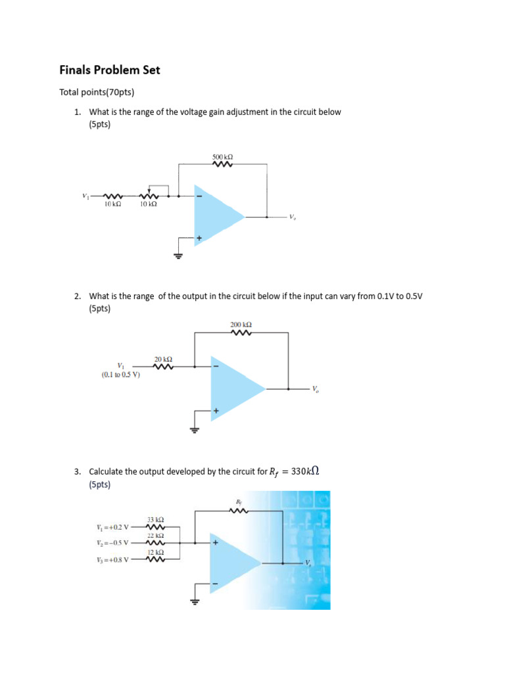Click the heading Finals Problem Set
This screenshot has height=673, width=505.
[110, 70]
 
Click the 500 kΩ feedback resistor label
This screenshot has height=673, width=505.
[222, 157]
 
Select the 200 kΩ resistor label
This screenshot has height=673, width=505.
[241, 325]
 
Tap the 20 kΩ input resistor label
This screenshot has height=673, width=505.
[163, 359]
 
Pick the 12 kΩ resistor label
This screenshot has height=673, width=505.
[155, 553]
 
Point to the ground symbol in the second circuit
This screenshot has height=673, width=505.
[194, 429]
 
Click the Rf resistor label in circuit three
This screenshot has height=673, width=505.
[239, 503]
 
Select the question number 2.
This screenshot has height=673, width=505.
[78, 296]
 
